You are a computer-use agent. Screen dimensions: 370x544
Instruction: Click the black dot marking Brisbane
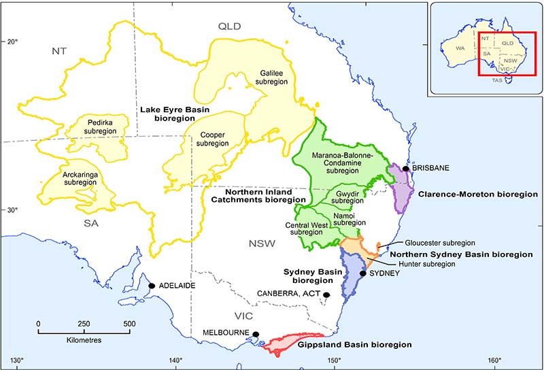(x=406, y=169)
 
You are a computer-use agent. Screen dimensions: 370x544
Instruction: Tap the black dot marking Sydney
(x=363, y=273)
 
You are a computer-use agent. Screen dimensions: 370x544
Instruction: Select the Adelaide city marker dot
(x=152, y=286)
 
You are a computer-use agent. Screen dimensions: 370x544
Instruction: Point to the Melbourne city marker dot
(x=256, y=334)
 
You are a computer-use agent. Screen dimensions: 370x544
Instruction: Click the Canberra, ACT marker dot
(x=326, y=295)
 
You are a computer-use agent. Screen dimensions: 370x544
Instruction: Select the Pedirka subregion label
(x=103, y=127)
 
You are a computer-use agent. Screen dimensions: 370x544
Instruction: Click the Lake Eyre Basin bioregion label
(x=174, y=114)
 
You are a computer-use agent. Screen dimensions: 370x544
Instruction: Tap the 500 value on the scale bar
(x=129, y=324)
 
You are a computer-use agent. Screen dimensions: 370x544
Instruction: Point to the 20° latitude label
(x=12, y=41)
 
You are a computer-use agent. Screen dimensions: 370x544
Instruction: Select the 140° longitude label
(x=176, y=360)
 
